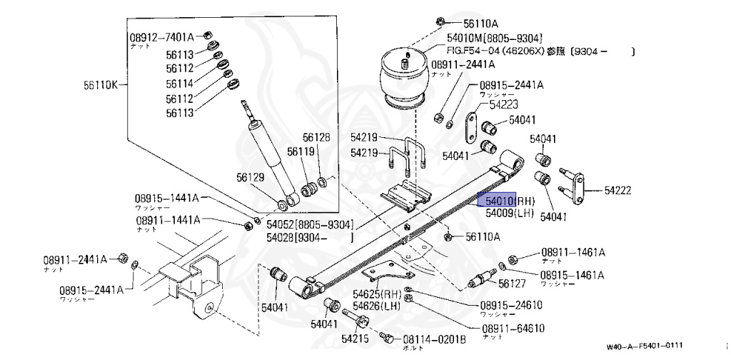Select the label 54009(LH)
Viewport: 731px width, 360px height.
pyautogui.click(x=510, y=213)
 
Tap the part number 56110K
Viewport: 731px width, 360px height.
pyautogui.click(x=100, y=85)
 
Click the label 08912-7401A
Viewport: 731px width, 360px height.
pyautogui.click(x=162, y=36)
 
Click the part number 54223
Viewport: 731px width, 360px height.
pyautogui.click(x=503, y=106)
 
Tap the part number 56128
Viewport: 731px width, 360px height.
pyautogui.click(x=316, y=137)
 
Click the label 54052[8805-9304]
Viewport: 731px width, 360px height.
pyautogui.click(x=310, y=224)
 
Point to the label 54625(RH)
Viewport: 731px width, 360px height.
pyautogui.click(x=377, y=294)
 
